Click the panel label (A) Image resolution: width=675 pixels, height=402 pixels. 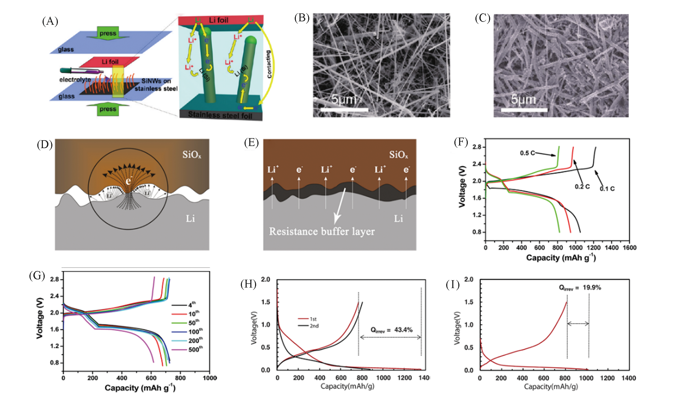[50, 21]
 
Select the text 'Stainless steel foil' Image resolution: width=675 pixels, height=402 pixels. [220, 115]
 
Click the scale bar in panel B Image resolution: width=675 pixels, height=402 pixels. [344, 110]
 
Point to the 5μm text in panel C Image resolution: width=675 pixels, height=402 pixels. [523, 99]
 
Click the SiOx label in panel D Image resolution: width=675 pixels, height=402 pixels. [192, 155]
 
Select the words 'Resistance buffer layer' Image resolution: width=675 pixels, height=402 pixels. [322, 232]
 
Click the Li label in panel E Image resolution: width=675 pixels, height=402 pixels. [398, 218]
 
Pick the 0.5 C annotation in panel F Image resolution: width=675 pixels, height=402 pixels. [527, 153]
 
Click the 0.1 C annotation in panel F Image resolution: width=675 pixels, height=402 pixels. [607, 189]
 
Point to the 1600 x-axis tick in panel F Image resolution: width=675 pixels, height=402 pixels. [629, 248]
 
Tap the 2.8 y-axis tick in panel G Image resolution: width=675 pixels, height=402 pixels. [54, 279]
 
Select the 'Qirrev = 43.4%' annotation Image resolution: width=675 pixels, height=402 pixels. [392, 330]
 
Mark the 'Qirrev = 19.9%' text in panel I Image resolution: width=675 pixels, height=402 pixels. [580, 288]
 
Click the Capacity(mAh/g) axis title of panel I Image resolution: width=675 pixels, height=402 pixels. [551, 386]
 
